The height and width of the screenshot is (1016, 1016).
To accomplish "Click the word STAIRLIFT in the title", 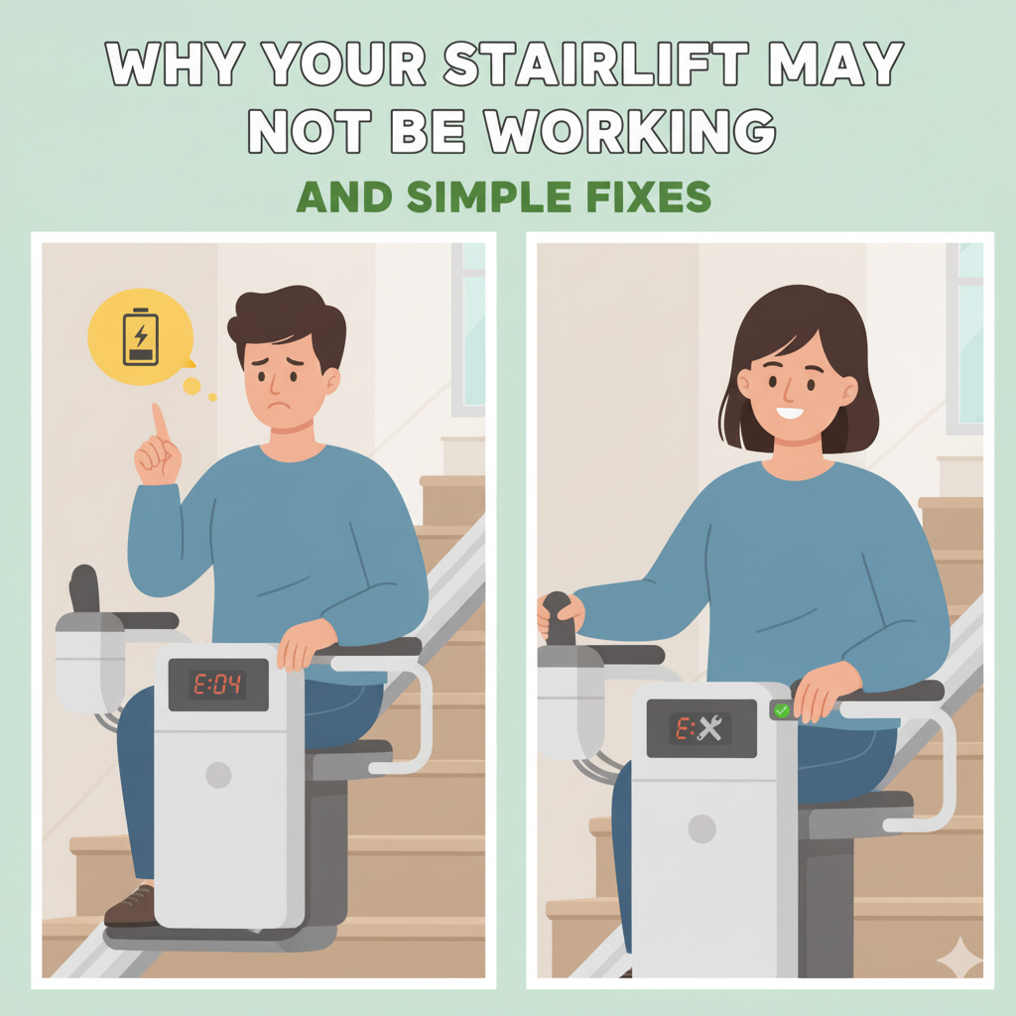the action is (x=596, y=64).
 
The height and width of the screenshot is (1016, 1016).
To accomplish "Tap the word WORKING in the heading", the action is (x=630, y=131).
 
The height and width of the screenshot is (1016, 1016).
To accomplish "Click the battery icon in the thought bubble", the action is (x=141, y=337).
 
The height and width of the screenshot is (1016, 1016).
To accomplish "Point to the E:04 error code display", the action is (x=217, y=685).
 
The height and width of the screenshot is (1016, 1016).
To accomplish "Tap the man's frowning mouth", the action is (x=279, y=407).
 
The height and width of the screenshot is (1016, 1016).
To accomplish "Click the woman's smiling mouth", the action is (x=790, y=412).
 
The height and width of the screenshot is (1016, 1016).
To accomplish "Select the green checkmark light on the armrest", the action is (x=782, y=710).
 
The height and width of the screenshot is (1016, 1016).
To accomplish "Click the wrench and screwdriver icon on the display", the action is (x=710, y=728).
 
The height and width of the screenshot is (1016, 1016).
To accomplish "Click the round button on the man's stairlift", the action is (x=218, y=775).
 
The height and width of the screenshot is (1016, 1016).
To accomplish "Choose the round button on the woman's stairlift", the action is (x=701, y=828).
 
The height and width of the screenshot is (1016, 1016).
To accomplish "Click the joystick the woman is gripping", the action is (x=559, y=619).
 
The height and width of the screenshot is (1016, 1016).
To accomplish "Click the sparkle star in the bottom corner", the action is (x=960, y=957).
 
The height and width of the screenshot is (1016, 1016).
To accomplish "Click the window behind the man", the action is (x=469, y=329).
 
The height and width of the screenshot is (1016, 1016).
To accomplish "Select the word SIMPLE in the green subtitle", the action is (x=489, y=197).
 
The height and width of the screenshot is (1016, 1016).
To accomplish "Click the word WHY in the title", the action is (x=175, y=64).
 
